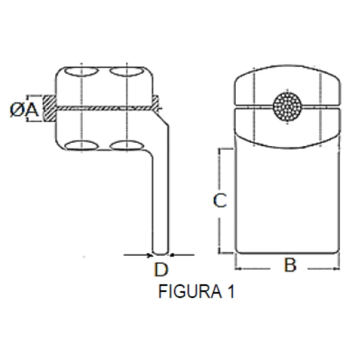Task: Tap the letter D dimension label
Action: pyautogui.click(x=161, y=269)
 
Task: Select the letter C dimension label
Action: pyautogui.click(x=220, y=200)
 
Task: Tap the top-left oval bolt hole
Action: pyautogui.click(x=81, y=72)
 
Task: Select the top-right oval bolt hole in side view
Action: pyautogui.click(x=127, y=72)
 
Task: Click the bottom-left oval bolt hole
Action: pyautogui.click(x=82, y=146)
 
